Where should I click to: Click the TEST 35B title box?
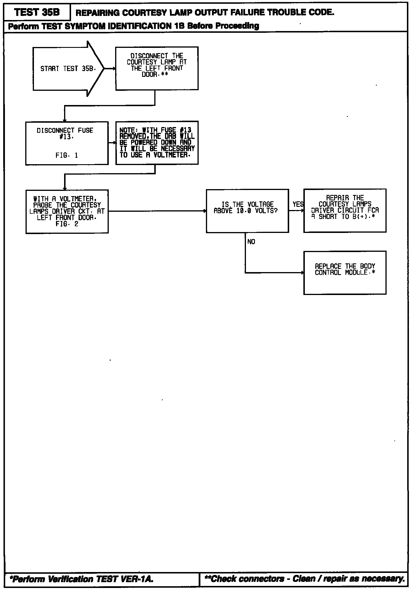pyautogui.click(x=37, y=12)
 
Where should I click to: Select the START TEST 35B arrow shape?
pyautogui.click(x=68, y=69)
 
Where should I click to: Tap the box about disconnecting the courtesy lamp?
pyautogui.click(x=157, y=68)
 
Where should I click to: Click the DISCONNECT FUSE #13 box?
pyautogui.click(x=67, y=143)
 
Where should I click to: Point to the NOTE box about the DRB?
pyautogui.click(x=157, y=143)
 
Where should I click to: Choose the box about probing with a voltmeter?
pyautogui.click(x=67, y=211)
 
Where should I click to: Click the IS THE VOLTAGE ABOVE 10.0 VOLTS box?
pyautogui.click(x=247, y=211)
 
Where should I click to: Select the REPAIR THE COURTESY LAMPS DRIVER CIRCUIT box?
pyautogui.click(x=345, y=211)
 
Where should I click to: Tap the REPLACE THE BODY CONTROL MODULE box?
pyautogui.click(x=345, y=273)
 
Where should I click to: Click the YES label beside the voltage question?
pyautogui.click(x=298, y=204)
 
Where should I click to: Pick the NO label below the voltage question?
pyautogui.click(x=251, y=242)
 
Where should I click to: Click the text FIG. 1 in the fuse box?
pyautogui.click(x=67, y=155)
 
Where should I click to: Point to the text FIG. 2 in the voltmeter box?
pyautogui.click(x=67, y=224)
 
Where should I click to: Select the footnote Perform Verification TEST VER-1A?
pyautogui.click(x=81, y=579)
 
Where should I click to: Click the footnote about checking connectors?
pyautogui.click(x=305, y=579)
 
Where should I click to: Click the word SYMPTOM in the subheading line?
pyautogui.click(x=80, y=26)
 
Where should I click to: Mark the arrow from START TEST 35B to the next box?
pyautogui.click(x=110, y=69)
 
